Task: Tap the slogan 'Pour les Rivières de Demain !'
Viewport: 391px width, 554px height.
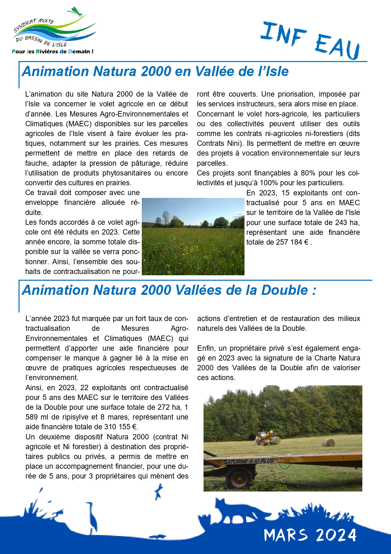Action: coord(52,51)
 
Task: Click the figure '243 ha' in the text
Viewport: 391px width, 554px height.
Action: coord(347,223)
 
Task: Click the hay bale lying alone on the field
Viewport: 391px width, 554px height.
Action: coord(329,443)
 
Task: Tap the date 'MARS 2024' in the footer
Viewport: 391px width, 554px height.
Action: coord(310,535)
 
